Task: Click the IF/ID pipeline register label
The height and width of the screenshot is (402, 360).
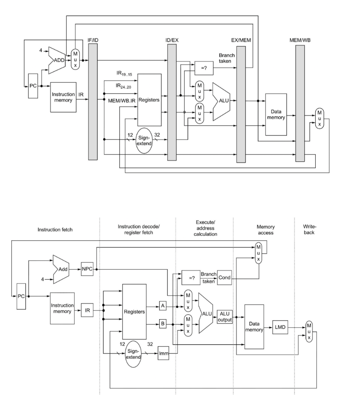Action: pos(92,40)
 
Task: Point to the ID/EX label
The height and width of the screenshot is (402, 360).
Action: pos(172,40)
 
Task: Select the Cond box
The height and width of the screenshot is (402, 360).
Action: pos(224,278)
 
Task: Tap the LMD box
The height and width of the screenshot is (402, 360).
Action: pos(280,329)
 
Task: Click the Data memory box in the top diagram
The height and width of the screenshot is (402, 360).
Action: pos(277,115)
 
